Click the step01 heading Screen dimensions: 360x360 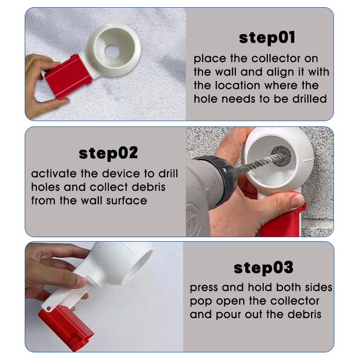point(267,38)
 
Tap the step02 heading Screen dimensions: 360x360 point(108,153)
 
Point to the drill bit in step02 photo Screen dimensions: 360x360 point(259,164)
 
